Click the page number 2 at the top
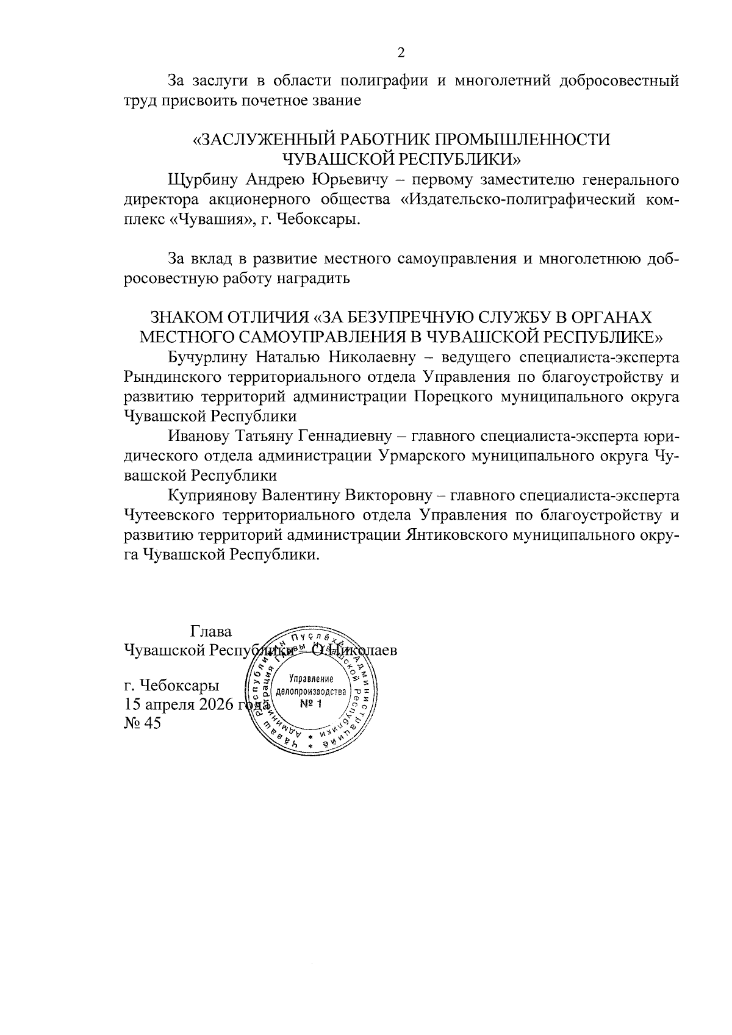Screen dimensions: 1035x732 click(x=401, y=53)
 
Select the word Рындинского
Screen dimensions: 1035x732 click(x=173, y=376)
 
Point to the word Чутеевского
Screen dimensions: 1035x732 click(x=169, y=515)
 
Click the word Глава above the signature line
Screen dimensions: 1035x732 click(x=211, y=631)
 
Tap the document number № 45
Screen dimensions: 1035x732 click(x=142, y=725)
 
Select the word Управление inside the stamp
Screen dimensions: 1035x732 click(x=311, y=679)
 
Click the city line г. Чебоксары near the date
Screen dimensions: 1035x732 click(x=171, y=684)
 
